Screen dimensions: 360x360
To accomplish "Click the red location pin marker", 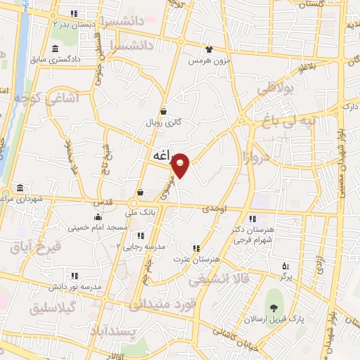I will [x=181, y=165].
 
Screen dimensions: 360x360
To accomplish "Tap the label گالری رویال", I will [x=163, y=122].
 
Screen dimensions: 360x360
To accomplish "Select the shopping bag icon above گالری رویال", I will [x=163, y=111].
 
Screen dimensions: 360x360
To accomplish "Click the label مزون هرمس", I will [x=210, y=60].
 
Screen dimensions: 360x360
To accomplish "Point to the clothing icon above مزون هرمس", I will [x=209, y=49].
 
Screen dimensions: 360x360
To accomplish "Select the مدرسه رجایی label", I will [x=144, y=247].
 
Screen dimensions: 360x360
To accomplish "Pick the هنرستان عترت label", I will [x=197, y=259].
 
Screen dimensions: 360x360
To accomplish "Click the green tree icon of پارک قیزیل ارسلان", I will [x=274, y=307].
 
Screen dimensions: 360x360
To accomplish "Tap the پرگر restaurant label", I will [x=285, y=277].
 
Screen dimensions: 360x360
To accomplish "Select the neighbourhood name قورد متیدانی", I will [x=159, y=304].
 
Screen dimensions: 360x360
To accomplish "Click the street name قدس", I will [x=104, y=203].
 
